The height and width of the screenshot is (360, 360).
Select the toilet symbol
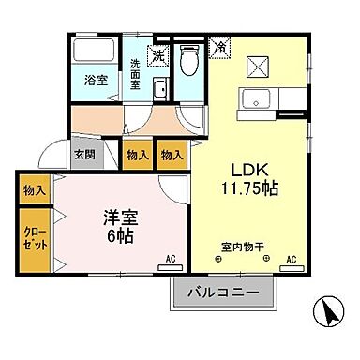tap(188, 61)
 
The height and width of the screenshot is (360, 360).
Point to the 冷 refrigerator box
tap(219, 45)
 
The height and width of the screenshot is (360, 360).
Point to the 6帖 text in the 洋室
tap(119, 234)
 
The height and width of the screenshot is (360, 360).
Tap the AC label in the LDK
tap(291, 257)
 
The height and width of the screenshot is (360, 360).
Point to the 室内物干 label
tap(243, 247)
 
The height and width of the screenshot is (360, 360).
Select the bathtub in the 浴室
tap(94, 53)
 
